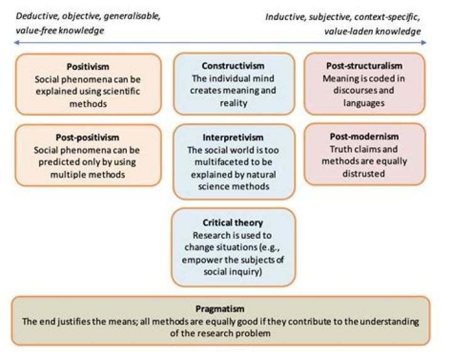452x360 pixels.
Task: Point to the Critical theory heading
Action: pyautogui.click(x=233, y=223)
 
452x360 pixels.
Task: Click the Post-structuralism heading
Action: pyautogui.click(x=365, y=66)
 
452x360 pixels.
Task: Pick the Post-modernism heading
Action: pyautogui.click(x=365, y=136)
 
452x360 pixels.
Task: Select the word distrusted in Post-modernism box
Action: pyautogui.click(x=365, y=173)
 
